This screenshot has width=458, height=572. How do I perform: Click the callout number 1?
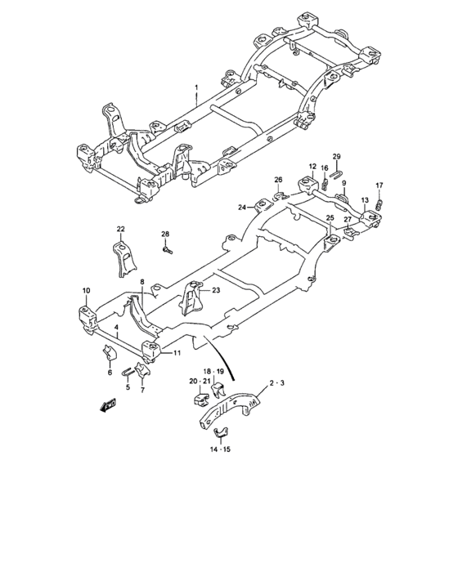(x=196, y=87)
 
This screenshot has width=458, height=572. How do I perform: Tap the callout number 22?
(x=120, y=229)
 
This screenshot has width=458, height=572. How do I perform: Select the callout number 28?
(x=165, y=234)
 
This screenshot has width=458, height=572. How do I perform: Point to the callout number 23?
(x=216, y=290)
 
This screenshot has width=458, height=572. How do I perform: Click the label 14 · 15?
(x=220, y=449)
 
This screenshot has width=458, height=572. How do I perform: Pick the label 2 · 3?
(x=276, y=383)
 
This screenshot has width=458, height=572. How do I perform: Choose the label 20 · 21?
(x=200, y=382)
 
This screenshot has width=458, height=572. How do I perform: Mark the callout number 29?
(x=336, y=157)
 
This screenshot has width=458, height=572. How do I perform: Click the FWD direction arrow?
(x=108, y=405)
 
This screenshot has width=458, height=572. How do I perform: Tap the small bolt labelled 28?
(x=168, y=250)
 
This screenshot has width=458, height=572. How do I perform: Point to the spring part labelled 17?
(x=379, y=205)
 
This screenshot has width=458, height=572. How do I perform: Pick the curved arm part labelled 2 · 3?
(x=231, y=410)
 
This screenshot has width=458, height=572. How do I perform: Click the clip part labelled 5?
(x=128, y=373)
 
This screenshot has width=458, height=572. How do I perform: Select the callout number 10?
(x=86, y=291)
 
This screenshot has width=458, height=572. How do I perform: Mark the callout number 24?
(x=242, y=208)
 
